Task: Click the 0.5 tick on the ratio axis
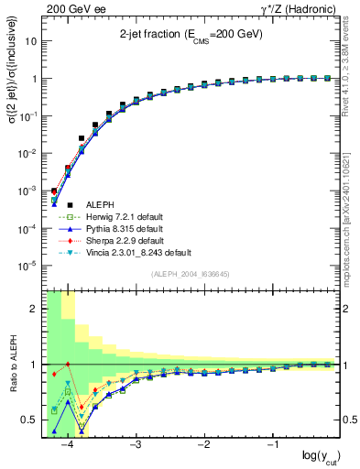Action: (x=34, y=420)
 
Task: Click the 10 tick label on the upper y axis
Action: (x=34, y=41)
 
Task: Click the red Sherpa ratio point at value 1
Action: (x=68, y=365)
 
